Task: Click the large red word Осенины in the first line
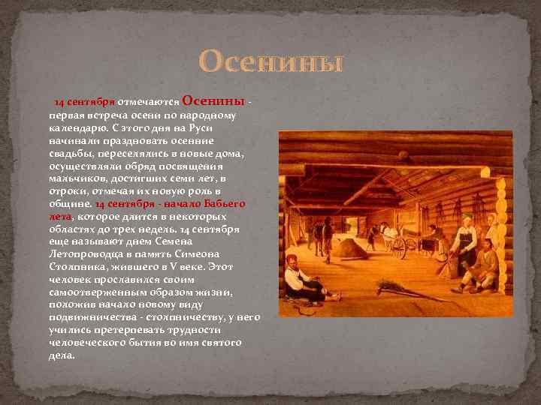click(213, 101)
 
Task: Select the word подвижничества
click(87, 317)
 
